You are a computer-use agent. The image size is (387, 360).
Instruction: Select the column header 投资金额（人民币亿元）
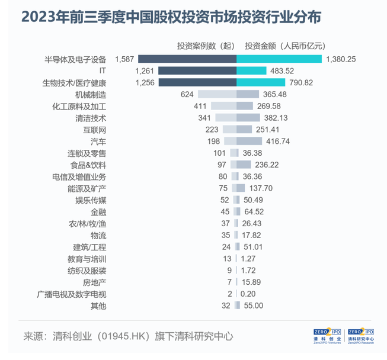coord(285,46)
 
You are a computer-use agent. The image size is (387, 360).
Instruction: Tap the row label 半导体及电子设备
coord(75,59)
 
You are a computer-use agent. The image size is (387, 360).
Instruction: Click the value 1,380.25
coord(342,59)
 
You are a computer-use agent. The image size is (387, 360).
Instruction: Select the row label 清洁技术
coord(91,118)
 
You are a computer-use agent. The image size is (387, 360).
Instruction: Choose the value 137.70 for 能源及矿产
coord(261,188)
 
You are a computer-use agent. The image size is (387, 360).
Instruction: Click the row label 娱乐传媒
coord(91,200)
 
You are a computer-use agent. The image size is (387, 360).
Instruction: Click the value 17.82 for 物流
coord(252,236)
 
